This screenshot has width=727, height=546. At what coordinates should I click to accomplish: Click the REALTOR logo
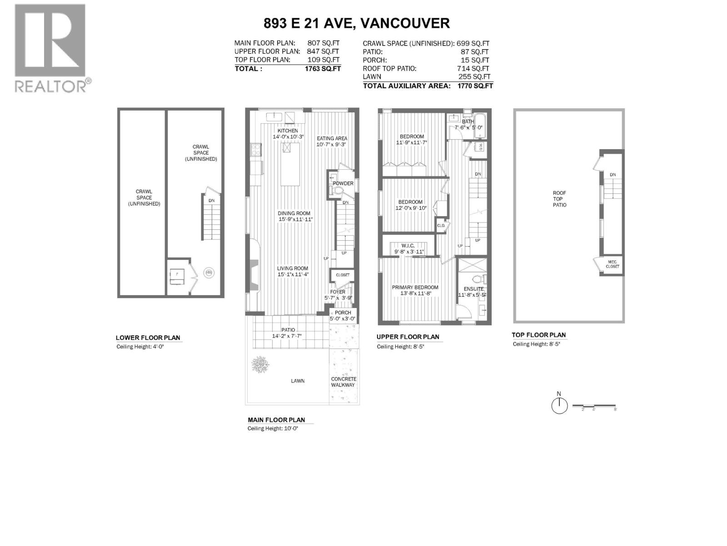click(50, 48)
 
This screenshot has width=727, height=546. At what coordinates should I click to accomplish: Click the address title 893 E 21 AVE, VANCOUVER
click(357, 23)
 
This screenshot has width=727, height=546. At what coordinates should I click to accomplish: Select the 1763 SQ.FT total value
click(323, 69)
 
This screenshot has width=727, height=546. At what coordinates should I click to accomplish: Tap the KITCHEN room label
click(288, 131)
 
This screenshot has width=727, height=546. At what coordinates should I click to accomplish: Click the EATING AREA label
click(332, 138)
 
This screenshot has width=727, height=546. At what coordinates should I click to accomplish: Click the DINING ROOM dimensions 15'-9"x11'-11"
click(295, 219)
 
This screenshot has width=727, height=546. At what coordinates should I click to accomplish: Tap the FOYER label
click(338, 292)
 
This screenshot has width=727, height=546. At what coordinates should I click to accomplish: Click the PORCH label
click(343, 313)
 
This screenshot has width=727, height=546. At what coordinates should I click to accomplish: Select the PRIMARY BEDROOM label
click(415, 288)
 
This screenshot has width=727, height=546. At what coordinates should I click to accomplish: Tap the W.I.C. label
click(408, 246)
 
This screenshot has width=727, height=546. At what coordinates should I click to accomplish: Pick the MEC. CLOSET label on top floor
click(612, 264)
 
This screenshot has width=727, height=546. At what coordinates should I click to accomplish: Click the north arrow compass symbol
click(559, 405)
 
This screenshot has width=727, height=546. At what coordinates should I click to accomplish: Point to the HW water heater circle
click(209, 273)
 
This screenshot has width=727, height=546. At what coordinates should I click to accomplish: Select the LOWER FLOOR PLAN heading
click(148, 338)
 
